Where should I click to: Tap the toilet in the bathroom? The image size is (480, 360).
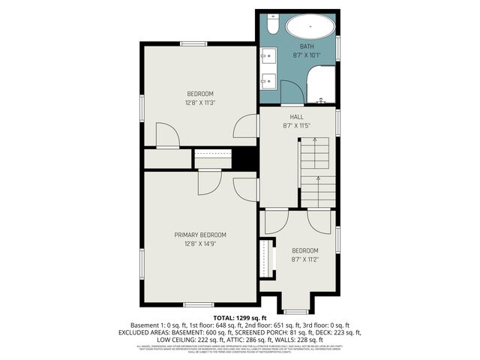[x=272, y=27]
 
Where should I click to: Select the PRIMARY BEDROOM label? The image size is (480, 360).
[x=200, y=235]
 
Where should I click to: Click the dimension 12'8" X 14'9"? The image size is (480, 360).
[x=200, y=244]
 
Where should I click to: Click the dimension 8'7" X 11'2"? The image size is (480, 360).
[x=304, y=259]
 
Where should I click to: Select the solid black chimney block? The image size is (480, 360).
[x=244, y=158]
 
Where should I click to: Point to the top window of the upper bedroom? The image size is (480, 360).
[x=193, y=43]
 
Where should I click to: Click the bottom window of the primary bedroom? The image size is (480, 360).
[x=198, y=304]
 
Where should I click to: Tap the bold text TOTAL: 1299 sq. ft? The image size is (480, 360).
[x=240, y=318]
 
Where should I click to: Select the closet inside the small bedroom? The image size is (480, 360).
[x=265, y=258]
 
